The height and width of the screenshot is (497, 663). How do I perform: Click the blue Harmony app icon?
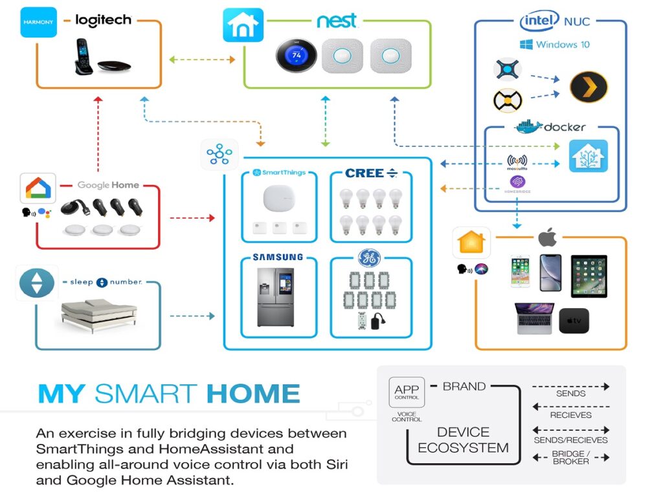pyautogui.click(x=38, y=22)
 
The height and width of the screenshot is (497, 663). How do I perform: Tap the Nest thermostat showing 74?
pyautogui.click(x=296, y=56)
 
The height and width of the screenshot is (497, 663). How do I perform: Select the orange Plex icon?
pyautogui.click(x=589, y=87)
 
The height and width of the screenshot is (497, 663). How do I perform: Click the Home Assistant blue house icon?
pyautogui.click(x=588, y=156)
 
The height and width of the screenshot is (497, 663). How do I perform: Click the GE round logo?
pyautogui.click(x=370, y=258)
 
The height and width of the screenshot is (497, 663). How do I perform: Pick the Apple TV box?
pyautogui.click(x=574, y=320)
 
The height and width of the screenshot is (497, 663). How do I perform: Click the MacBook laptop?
pyautogui.click(x=534, y=319)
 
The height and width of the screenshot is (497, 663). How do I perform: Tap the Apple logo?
pyautogui.click(x=548, y=238)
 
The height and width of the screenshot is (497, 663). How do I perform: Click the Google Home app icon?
pyautogui.click(x=38, y=189)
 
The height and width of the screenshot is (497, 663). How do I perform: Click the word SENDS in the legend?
pyautogui.click(x=570, y=393)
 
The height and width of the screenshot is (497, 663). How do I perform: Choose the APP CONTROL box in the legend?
pyautogui.click(x=407, y=392)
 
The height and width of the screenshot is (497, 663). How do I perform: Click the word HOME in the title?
pyautogui.click(x=254, y=393)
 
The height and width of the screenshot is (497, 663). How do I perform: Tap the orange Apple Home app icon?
pyautogui.click(x=471, y=243)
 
